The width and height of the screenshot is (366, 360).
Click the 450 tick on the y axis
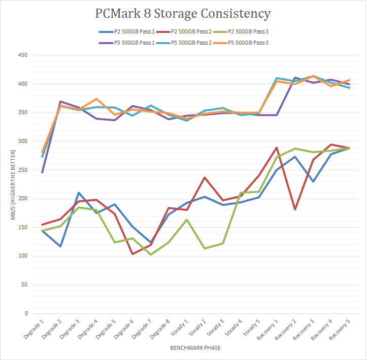[x=22, y=55]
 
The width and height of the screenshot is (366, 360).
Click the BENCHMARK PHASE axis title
[x=195, y=348]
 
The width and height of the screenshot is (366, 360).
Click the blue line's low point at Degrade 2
[x=60, y=246]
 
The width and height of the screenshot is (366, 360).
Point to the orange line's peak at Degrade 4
[x=96, y=99]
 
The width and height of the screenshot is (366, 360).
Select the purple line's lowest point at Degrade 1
[x=42, y=172]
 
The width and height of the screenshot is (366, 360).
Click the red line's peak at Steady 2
[x=204, y=177]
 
